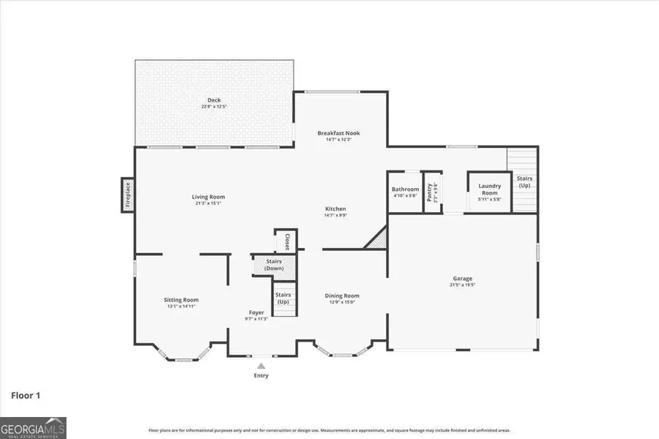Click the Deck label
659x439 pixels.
point(215,100)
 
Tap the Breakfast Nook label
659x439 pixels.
point(338,133)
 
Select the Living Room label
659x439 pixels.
point(208,197)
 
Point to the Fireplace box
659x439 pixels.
point(127,195)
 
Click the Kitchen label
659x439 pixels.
point(335,209)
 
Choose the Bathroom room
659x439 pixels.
point(405,192)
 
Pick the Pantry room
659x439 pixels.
point(432,192)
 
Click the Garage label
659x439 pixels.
point(462,279)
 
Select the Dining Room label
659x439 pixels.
point(342,296)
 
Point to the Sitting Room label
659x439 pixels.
point(181,299)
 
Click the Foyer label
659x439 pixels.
point(256,312)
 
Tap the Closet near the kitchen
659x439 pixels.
point(286,241)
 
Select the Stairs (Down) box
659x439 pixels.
point(274,265)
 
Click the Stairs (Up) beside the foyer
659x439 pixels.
point(283,299)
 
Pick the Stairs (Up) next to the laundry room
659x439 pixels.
point(524,181)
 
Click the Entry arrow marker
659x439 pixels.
point(261,366)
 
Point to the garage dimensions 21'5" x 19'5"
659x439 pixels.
point(462,285)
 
